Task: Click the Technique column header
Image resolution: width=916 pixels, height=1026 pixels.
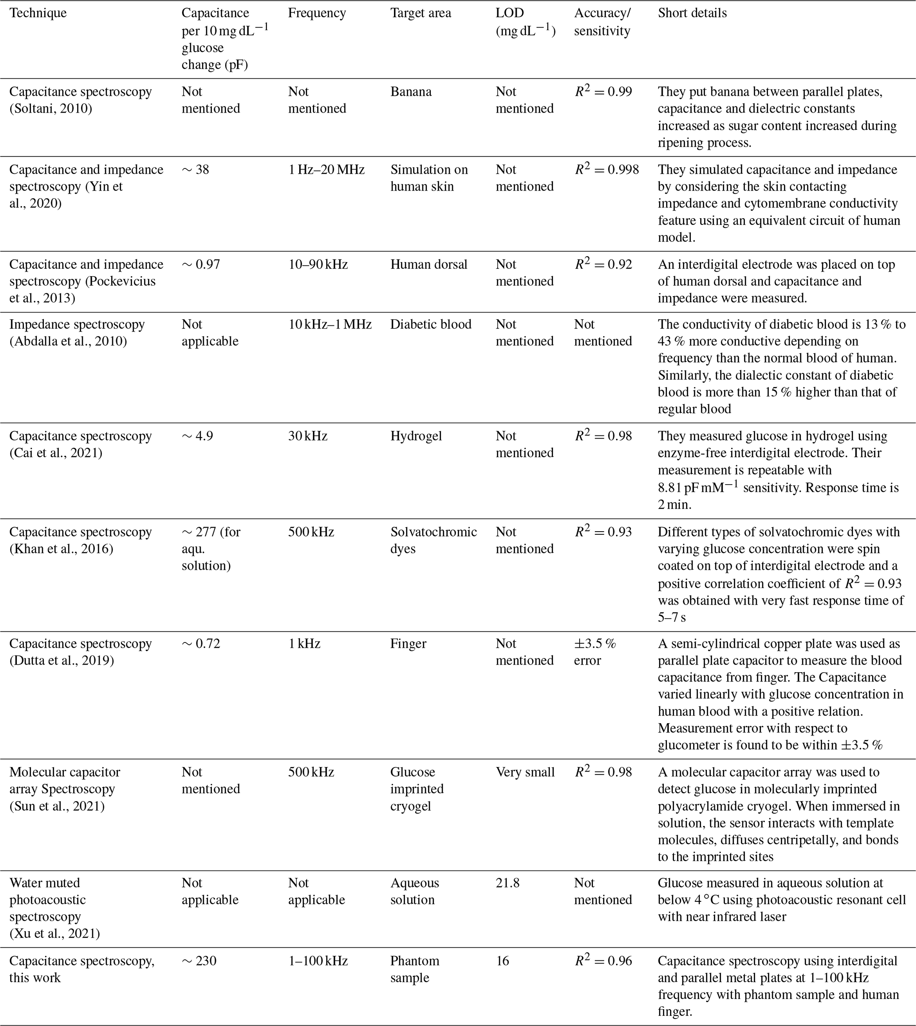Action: click(38, 13)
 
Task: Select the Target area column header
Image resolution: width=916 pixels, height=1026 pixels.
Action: click(420, 13)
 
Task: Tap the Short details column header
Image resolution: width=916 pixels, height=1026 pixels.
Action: click(692, 13)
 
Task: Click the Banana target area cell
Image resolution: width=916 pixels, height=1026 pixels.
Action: click(411, 92)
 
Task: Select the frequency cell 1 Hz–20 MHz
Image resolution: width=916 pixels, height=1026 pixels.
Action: click(326, 170)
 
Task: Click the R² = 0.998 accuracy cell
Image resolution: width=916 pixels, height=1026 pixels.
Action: click(607, 170)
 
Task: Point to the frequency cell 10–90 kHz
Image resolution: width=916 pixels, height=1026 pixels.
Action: click(318, 264)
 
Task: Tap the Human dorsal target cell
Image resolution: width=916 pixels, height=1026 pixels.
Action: click(429, 264)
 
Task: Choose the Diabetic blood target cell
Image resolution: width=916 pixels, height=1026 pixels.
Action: click(431, 324)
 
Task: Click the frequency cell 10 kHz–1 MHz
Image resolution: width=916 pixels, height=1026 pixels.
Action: click(330, 324)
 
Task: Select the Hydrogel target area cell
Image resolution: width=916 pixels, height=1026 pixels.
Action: click(416, 436)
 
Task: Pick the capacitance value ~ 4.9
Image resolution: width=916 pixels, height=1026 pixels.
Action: click(197, 436)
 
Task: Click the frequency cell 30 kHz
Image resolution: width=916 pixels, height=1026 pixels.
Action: click(308, 436)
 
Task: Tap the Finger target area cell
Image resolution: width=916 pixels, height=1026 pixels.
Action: click(408, 643)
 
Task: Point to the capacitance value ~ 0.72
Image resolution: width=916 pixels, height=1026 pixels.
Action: click(201, 643)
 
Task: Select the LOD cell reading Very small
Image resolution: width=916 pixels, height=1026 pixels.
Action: click(525, 772)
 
